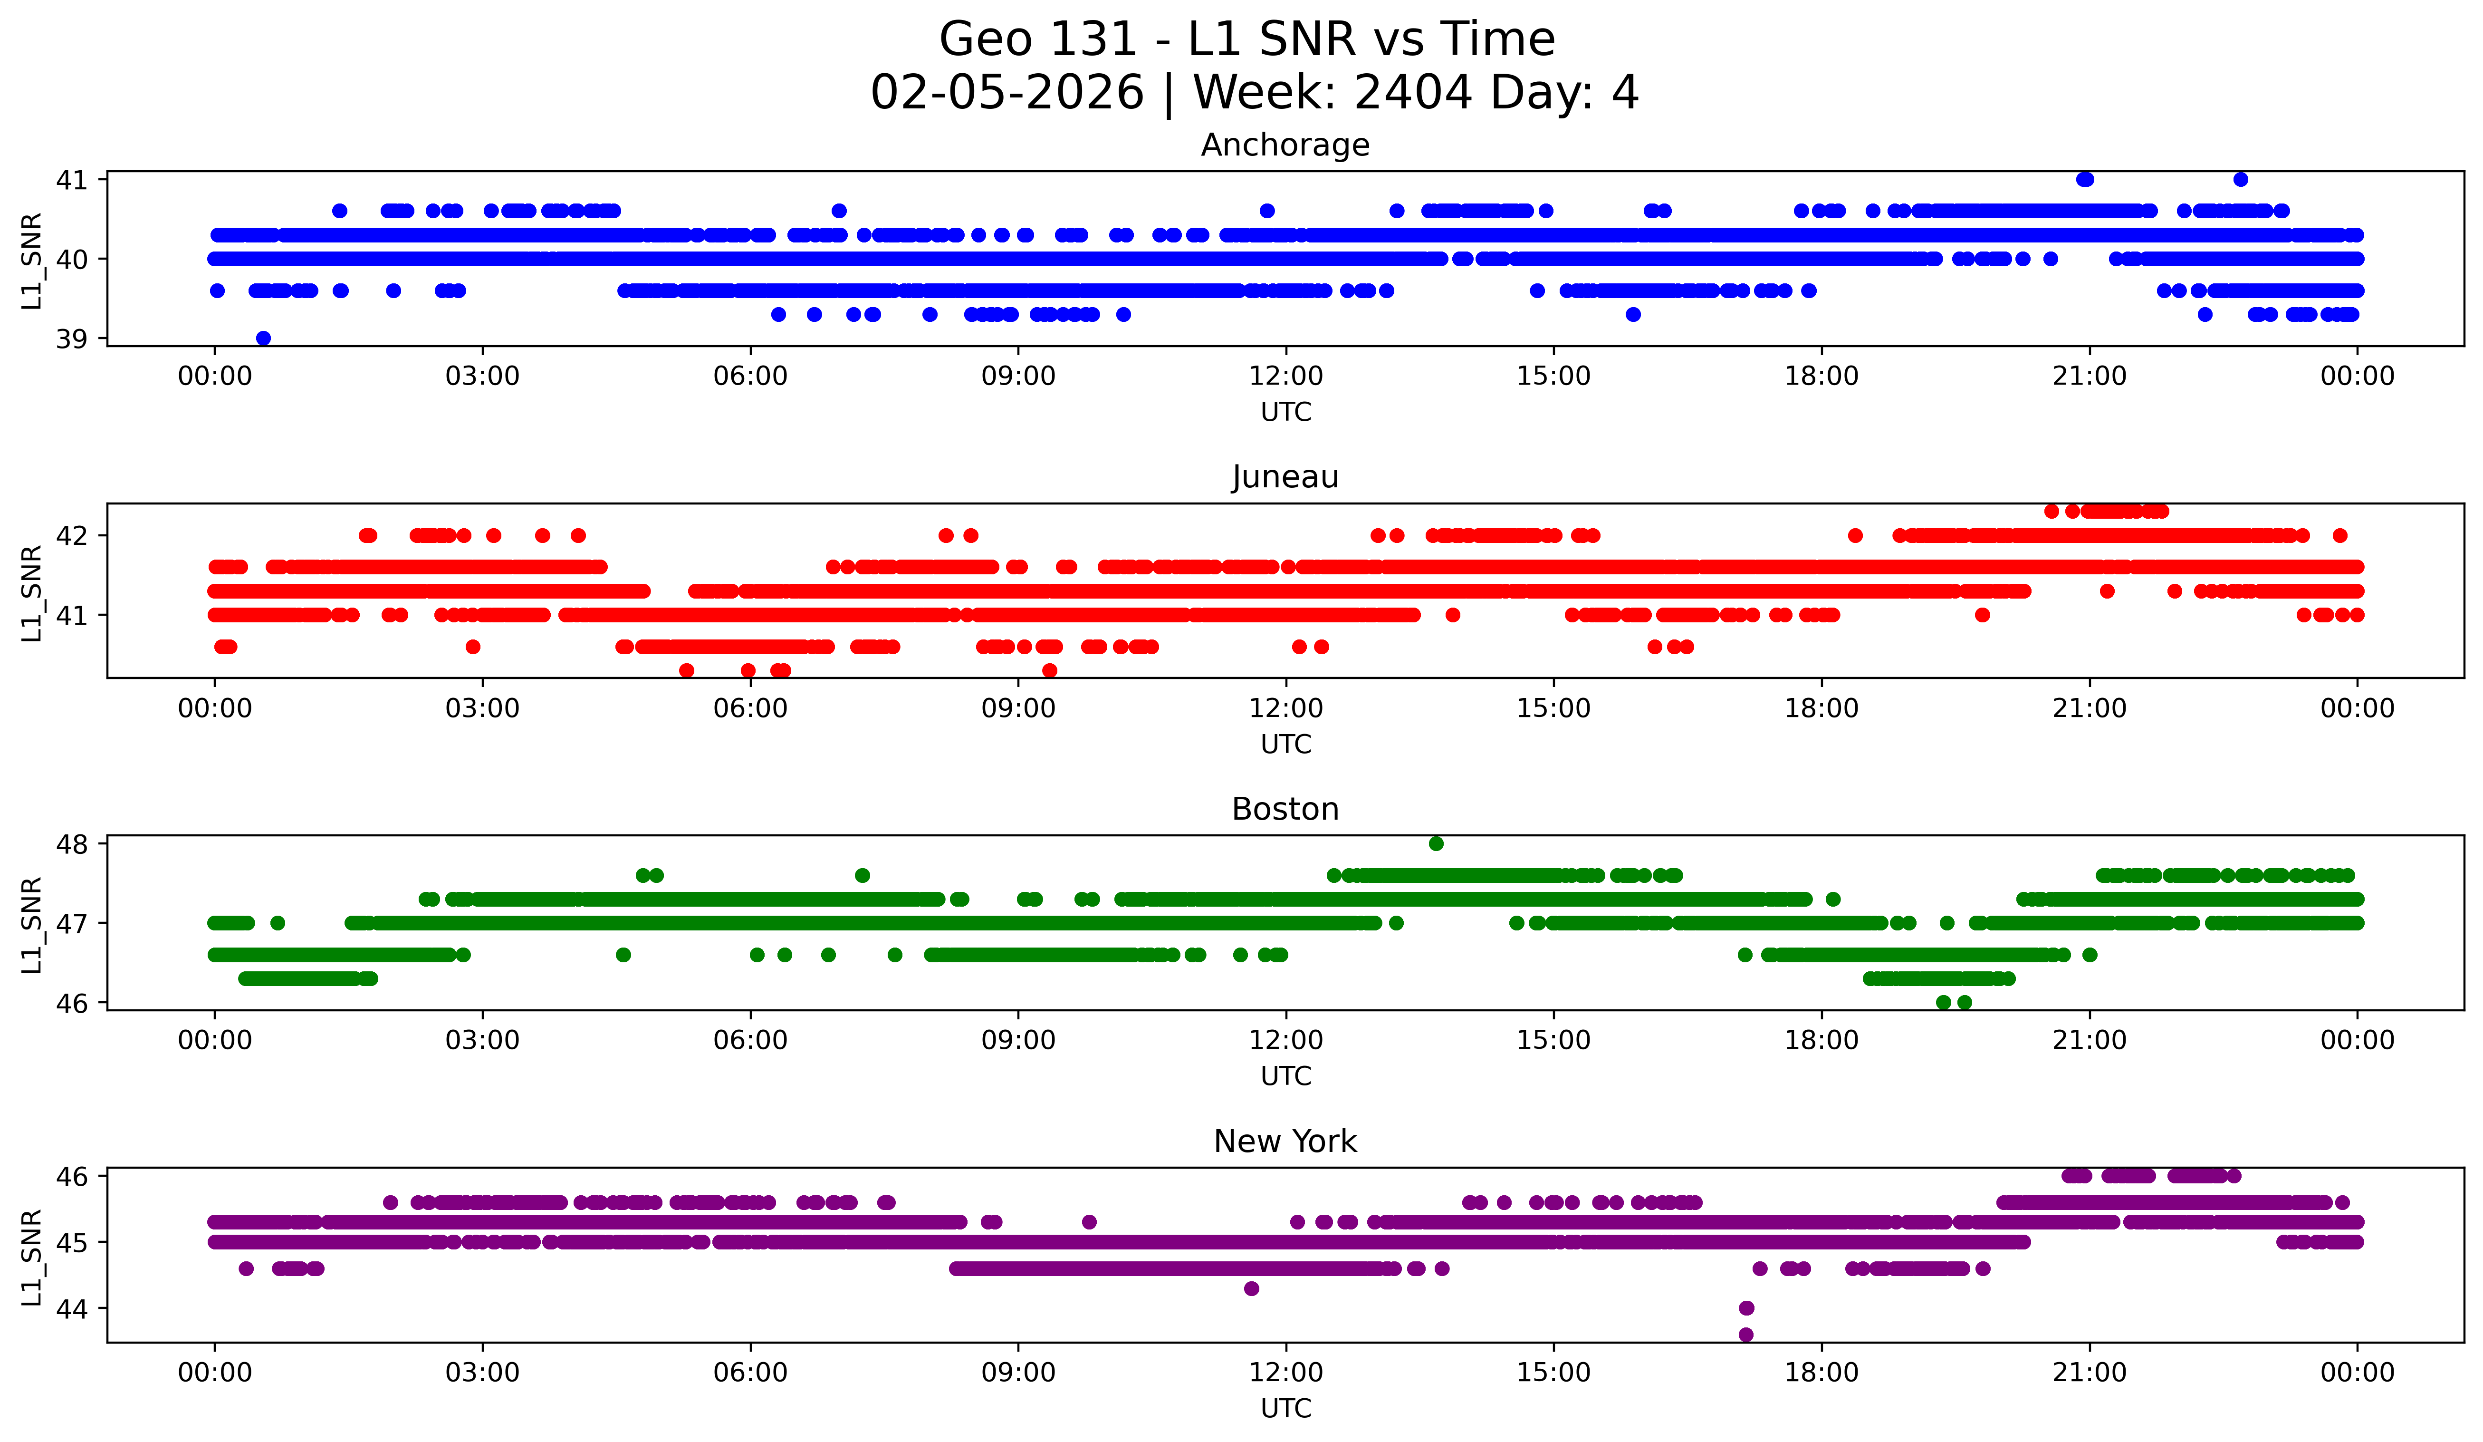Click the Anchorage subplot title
point(1285,145)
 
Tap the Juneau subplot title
point(1285,477)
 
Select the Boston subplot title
point(1285,809)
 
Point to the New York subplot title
point(1285,1142)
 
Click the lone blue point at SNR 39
point(263,338)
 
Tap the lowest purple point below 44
point(1746,1335)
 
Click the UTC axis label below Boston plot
point(1286,1076)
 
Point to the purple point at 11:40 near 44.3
point(1251,1288)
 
